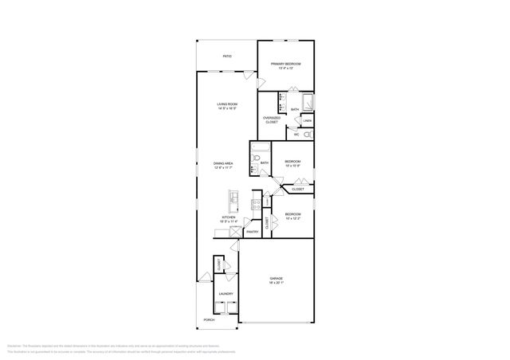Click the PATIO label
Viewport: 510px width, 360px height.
click(x=227, y=57)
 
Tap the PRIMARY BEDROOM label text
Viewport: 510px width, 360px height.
click(x=285, y=64)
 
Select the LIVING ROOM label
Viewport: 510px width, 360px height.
click(x=228, y=104)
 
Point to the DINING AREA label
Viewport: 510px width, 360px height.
click(x=222, y=163)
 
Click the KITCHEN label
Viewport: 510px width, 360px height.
click(x=229, y=217)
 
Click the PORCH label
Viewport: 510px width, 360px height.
click(x=209, y=320)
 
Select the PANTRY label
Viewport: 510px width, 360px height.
click(x=251, y=232)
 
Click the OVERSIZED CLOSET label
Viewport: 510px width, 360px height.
click(x=272, y=120)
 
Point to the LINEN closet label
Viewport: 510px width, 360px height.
click(x=307, y=120)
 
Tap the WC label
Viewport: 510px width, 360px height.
click(x=296, y=134)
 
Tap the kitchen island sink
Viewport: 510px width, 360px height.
click(x=233, y=195)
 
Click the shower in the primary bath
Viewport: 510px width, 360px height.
click(x=308, y=101)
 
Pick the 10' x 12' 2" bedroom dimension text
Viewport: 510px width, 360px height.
click(x=293, y=217)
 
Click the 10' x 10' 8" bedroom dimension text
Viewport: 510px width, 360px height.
click(x=292, y=166)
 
